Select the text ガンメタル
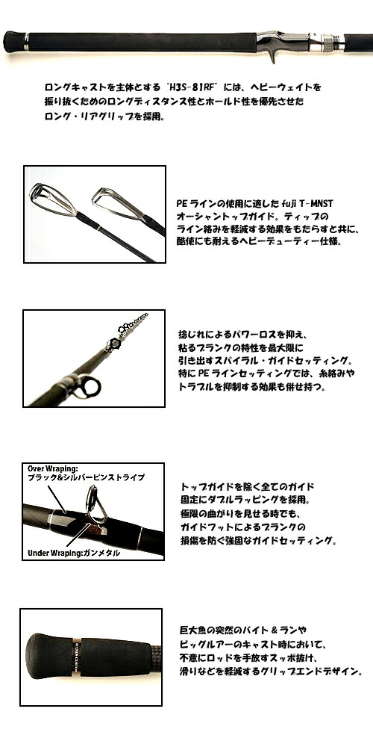[103, 554]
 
